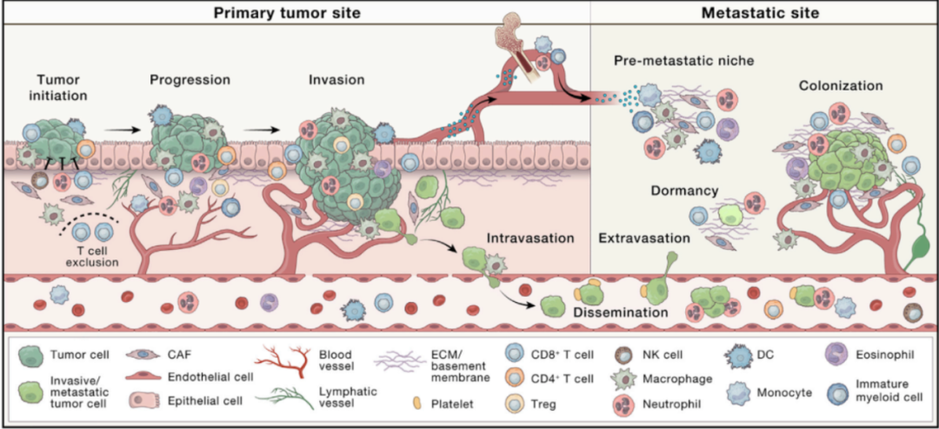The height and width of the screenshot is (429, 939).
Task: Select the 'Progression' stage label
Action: (190, 79)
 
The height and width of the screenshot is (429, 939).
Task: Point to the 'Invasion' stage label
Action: (336, 79)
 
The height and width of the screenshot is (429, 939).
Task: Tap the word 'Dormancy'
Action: (683, 189)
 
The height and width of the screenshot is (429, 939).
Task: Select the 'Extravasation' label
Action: (645, 237)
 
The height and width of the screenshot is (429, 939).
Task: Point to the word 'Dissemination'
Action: (620, 311)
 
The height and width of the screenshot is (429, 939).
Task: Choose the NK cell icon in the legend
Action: (623, 354)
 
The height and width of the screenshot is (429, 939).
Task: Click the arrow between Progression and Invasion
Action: (258, 131)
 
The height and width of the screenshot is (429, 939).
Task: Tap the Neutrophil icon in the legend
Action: (623, 403)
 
